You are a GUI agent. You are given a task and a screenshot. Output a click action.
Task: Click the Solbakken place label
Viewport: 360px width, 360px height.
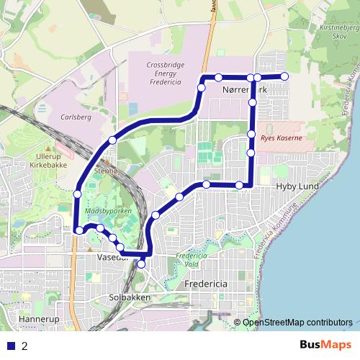tap(130, 297)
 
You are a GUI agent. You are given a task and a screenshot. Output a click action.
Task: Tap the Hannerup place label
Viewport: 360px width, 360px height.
tap(37, 318)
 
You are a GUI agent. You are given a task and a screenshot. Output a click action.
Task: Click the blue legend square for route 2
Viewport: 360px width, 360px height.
tap(11, 346)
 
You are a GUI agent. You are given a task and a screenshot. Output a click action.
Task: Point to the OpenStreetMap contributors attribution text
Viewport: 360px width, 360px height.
tap(297, 322)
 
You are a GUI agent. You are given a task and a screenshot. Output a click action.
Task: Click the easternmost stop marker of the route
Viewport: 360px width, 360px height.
tap(284, 76)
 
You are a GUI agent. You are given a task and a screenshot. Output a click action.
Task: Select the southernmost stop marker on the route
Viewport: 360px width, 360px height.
tap(141, 264)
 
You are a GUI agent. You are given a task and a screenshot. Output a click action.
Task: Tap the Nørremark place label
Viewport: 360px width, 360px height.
tap(244, 91)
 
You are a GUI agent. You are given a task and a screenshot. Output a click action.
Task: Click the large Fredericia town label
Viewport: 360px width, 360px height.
tap(206, 284)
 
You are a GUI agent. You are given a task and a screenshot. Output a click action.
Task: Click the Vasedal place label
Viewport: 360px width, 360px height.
tap(112, 256)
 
